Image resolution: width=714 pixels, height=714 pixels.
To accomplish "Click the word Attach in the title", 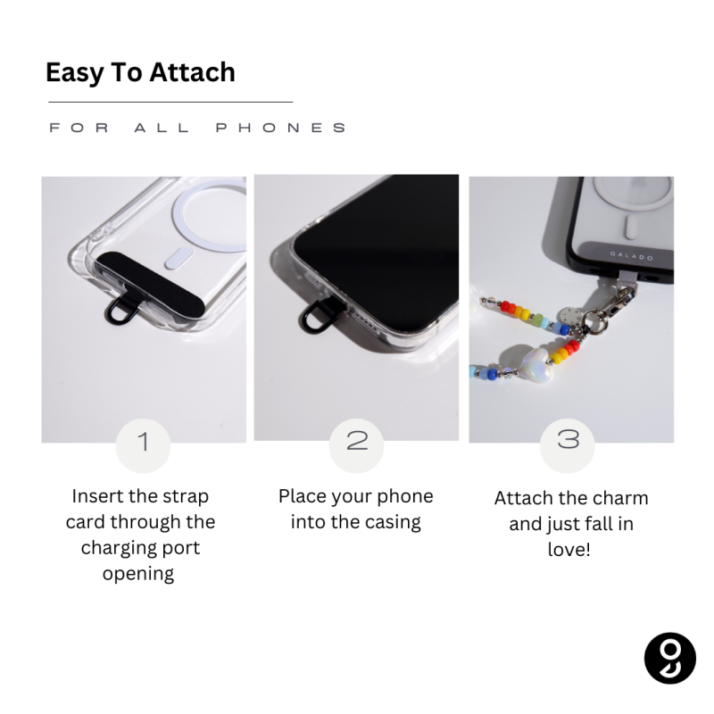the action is pos(192,72).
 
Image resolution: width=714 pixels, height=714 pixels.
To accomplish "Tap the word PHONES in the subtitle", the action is pos(281,128).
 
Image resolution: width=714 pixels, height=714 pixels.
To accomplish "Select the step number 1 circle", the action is pos(143,445).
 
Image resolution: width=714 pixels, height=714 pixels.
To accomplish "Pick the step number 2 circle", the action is pos(356,445).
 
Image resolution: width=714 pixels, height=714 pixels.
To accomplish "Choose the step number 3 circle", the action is pos(568,445).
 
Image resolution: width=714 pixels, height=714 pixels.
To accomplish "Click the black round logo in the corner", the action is pos(670,658).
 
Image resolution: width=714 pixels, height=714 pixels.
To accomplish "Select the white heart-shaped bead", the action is pos(537,363).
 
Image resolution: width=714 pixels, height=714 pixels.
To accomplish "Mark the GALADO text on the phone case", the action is pos(632,256).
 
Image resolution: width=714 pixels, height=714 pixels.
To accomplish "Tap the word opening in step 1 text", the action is pos(138,574).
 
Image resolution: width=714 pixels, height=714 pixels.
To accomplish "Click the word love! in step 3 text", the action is pos(569,549).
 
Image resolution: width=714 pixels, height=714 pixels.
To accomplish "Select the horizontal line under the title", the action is pos(170,102).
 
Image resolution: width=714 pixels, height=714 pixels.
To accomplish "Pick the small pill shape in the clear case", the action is pos(178,258).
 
